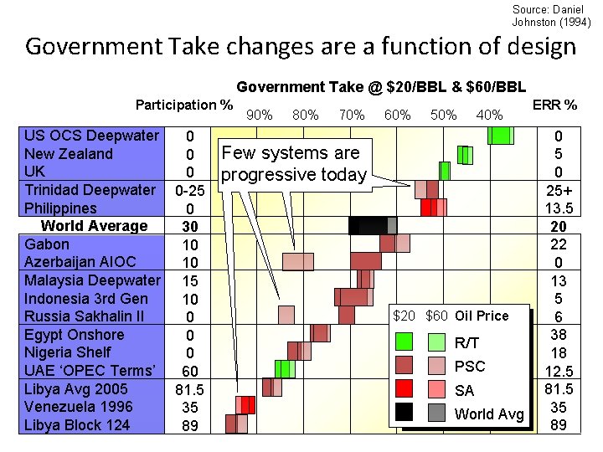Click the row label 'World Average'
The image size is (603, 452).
coord(94,226)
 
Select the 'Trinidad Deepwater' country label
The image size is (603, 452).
coord(90,190)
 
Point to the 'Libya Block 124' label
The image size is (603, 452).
coord(77,425)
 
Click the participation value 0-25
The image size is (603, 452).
coord(190,190)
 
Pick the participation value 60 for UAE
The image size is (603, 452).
coord(190,371)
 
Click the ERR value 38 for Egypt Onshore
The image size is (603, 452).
coord(558,335)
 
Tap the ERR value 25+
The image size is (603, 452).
coord(558,190)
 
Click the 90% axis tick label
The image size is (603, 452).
coord(260,115)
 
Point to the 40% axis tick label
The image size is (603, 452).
coord(488,115)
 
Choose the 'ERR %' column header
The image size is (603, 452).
coord(554,105)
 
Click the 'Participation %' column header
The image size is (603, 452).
coord(184,105)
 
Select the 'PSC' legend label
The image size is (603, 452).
coord(469,366)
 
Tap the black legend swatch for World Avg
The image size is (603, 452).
coord(404,412)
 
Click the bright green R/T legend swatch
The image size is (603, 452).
coord(404,342)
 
